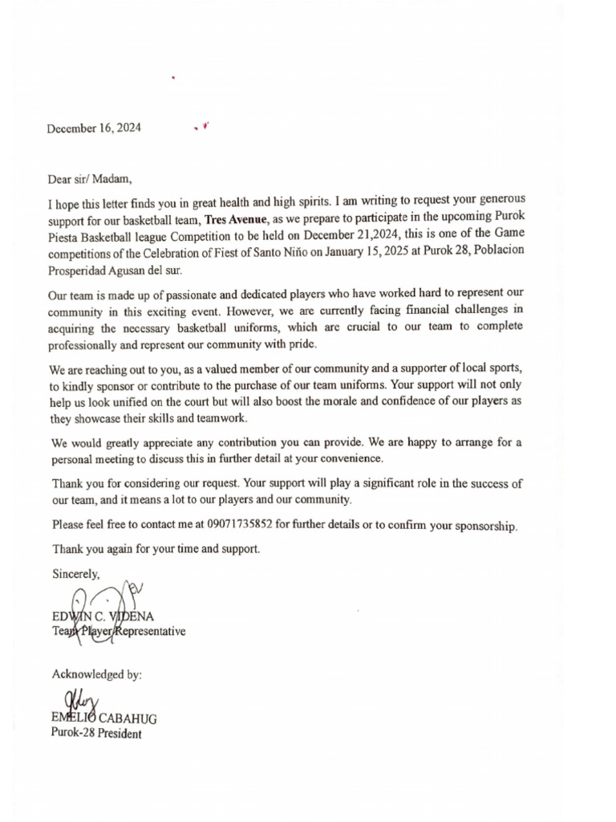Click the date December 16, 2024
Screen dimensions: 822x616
tap(94, 128)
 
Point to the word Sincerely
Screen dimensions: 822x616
tap(76, 574)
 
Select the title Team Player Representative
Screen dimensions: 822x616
tap(119, 632)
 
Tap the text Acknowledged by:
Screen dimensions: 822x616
tap(97, 675)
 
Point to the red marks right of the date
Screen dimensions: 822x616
tap(201, 127)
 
